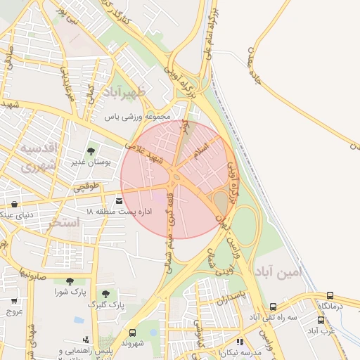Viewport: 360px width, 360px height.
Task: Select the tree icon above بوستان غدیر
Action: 91,150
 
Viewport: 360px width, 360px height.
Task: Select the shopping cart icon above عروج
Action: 14,301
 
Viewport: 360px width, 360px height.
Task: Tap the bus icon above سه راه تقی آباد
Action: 274,307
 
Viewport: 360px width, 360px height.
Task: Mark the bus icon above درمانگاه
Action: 330,296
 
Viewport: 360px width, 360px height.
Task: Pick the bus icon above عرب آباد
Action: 321,320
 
